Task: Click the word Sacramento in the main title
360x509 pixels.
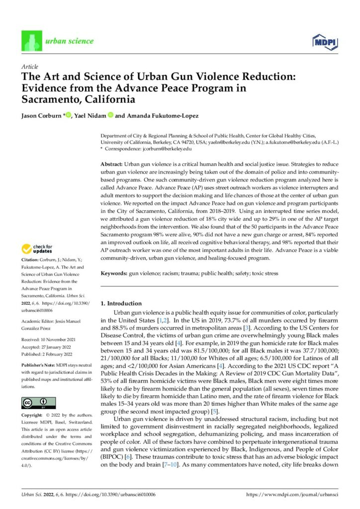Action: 47,98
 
